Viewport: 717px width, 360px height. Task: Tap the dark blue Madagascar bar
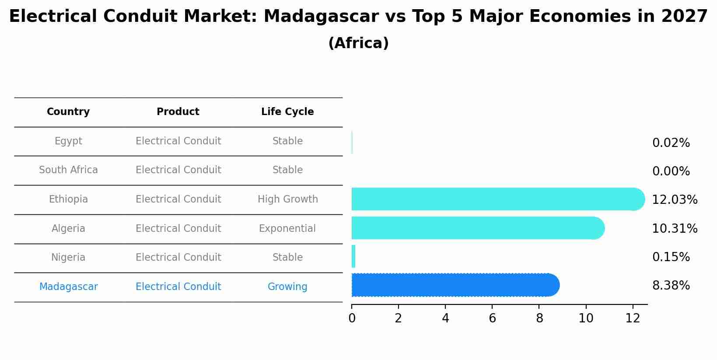[x=455, y=285]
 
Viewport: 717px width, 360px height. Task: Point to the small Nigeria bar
[x=353, y=256]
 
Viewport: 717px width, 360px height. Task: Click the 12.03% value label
[x=675, y=200]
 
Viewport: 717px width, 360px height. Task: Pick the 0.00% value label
[x=671, y=171]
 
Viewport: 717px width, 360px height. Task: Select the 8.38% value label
[x=671, y=286]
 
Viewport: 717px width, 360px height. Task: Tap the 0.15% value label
[x=671, y=257]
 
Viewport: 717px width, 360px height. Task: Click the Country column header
[x=68, y=112]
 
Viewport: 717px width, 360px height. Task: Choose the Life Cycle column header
[x=287, y=112]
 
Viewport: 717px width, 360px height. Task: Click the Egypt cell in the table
[x=68, y=141]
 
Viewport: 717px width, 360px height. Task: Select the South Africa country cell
[x=68, y=170]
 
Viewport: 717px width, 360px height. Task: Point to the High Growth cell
[x=287, y=199]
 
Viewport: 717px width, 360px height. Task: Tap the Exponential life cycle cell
[x=287, y=229]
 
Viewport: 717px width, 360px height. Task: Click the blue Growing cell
[x=287, y=287]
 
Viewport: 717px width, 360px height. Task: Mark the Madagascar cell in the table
[x=68, y=287]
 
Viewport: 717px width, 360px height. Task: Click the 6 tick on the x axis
[x=492, y=318]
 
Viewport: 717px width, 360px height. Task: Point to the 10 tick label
[x=586, y=318]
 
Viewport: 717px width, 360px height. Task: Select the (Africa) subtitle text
[x=358, y=43]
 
